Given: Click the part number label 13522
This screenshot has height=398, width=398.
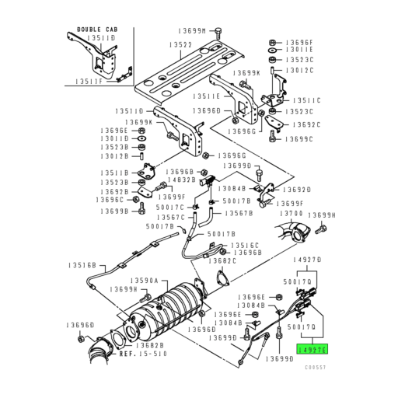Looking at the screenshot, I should tap(183, 45).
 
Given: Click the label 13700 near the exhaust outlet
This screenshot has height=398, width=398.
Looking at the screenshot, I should tap(291, 212).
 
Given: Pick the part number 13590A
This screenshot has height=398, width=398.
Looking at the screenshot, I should tap(144, 280).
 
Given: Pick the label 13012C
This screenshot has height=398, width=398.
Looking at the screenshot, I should tap(298, 70).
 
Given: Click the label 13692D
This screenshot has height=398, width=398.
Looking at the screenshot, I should tap(296, 189).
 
